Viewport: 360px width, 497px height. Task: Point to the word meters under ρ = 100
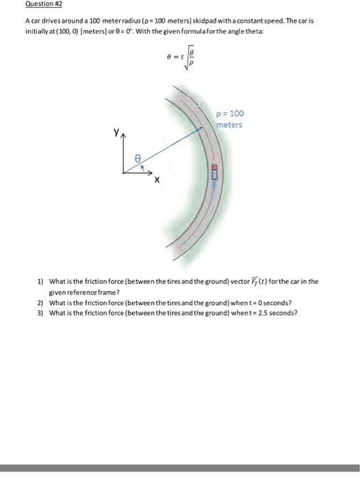point(230,125)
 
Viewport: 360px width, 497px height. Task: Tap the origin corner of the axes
point(124,171)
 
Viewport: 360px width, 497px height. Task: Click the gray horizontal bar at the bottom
point(180,468)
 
